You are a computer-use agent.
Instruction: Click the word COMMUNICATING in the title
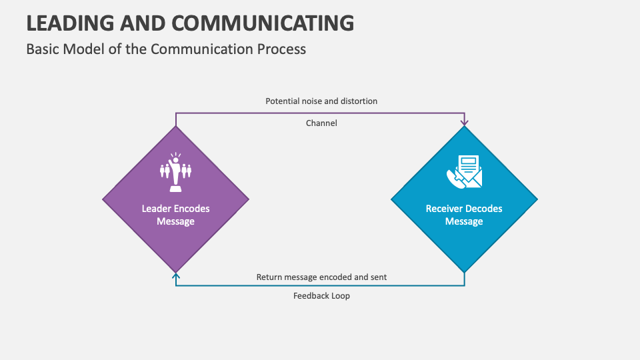pyautogui.click(x=263, y=23)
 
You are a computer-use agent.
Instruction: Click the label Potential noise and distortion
pyautogui.click(x=321, y=101)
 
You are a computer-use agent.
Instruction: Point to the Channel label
pyautogui.click(x=321, y=123)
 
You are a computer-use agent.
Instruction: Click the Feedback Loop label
pyautogui.click(x=321, y=296)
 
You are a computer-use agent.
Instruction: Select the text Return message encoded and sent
pyautogui.click(x=321, y=277)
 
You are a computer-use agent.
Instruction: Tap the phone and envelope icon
pyautogui.click(x=464, y=171)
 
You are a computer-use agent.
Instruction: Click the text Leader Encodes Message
pyautogui.click(x=175, y=215)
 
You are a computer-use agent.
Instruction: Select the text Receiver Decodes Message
pyautogui.click(x=464, y=215)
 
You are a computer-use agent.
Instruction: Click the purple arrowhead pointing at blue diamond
pyautogui.click(x=465, y=123)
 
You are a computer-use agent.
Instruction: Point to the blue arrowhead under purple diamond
pyautogui.click(x=175, y=275)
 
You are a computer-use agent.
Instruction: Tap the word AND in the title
pyautogui.click(x=144, y=23)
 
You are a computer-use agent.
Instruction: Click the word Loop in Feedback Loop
pyautogui.click(x=339, y=296)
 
